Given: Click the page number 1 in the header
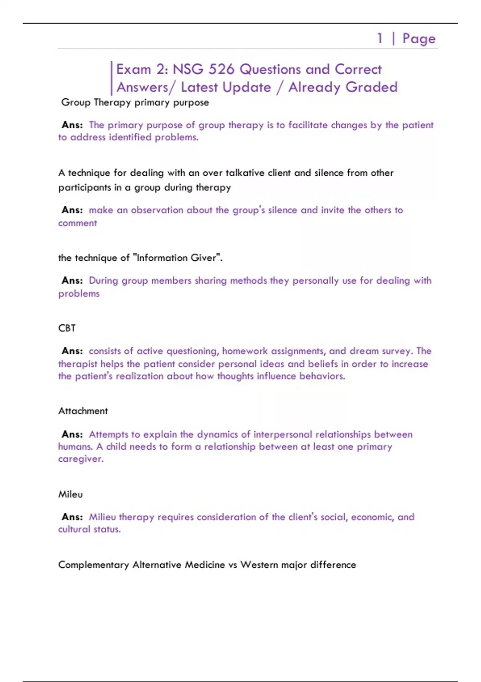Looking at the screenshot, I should tap(380, 39).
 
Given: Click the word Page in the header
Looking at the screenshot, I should tap(419, 39).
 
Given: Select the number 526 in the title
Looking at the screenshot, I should tap(221, 69).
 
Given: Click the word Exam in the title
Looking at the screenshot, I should tap(133, 69).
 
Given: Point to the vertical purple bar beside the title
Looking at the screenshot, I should tap(111, 78).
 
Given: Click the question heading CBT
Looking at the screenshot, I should tap(67, 328).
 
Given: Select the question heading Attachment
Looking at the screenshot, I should tap(83, 411).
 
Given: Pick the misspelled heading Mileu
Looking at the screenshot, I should tap(71, 494).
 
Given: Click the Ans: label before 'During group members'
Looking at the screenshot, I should tap(72, 280).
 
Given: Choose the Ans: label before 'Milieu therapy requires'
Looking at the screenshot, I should tap(72, 517).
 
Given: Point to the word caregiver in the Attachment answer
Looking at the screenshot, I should tap(81, 459).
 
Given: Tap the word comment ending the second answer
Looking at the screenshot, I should tap(77, 223).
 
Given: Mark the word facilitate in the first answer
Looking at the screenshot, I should tap(308, 125).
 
